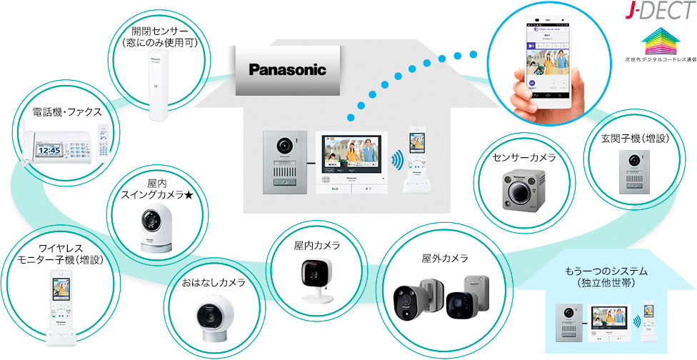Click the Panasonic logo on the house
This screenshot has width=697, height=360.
(287, 70)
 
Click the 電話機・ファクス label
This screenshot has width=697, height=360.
(67, 112)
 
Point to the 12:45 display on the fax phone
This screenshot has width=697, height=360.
(50, 150)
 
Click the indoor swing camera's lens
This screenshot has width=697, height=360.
(152, 219)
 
